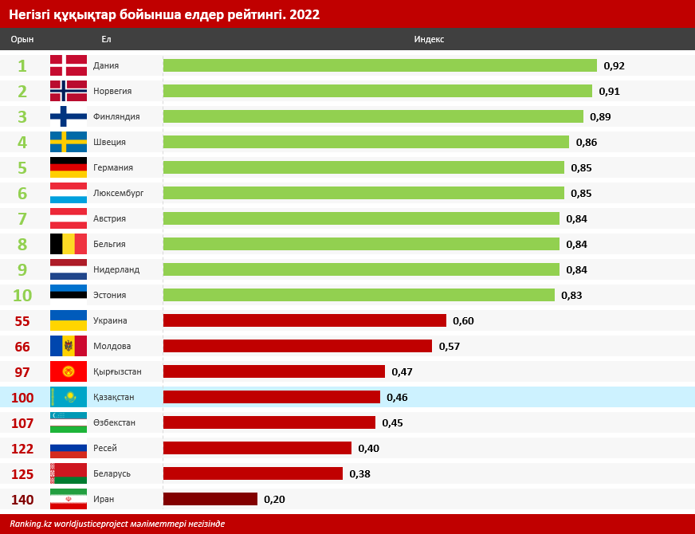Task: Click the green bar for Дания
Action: tap(379, 65)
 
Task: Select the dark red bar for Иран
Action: tap(210, 499)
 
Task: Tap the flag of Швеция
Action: tap(69, 142)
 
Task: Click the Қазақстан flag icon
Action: tap(69, 397)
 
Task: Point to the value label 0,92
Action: tap(615, 65)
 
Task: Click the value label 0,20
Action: tap(274, 499)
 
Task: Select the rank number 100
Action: tap(22, 397)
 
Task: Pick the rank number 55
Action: tap(22, 320)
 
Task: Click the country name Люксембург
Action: tap(118, 193)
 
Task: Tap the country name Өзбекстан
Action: tap(114, 422)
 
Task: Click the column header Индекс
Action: tap(429, 39)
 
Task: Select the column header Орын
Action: tap(22, 39)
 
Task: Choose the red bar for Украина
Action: tap(304, 320)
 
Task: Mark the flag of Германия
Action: tap(69, 167)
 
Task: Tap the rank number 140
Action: tap(22, 499)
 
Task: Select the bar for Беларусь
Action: tap(253, 473)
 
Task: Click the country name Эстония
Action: tap(109, 295)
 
